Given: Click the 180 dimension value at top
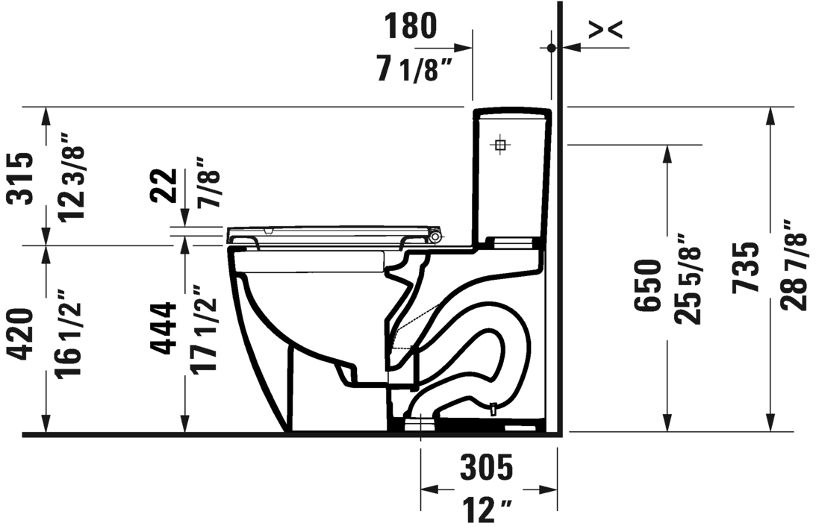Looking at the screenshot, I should click(x=410, y=26).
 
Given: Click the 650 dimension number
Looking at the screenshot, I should click(x=648, y=286).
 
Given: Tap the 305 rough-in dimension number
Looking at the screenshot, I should click(x=486, y=468).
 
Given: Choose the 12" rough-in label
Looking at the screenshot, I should click(x=486, y=511).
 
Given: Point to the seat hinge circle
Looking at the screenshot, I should click(x=437, y=237).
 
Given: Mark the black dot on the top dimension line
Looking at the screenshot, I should click(x=551, y=48).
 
